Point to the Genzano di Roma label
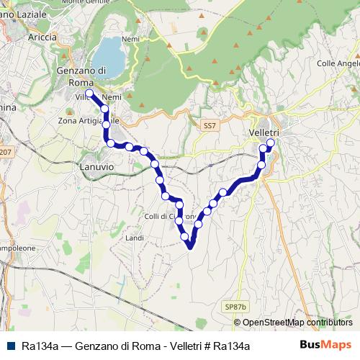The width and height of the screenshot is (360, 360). pos(81,76)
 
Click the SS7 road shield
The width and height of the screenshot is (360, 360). pos(210,125)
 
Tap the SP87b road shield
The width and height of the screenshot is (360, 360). pos(235,307)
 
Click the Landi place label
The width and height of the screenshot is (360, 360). pos(135,237)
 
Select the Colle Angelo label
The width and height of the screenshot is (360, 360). pos(338,63)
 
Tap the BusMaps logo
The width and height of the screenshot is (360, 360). pos(325,344)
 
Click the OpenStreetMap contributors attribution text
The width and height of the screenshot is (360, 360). pos(297,323)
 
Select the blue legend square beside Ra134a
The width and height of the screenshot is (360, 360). pos(9,346)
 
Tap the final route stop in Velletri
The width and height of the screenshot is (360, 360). pos(271,143)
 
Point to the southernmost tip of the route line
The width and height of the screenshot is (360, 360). pos(191,249)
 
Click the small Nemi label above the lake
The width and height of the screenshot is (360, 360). pos(131,38)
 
